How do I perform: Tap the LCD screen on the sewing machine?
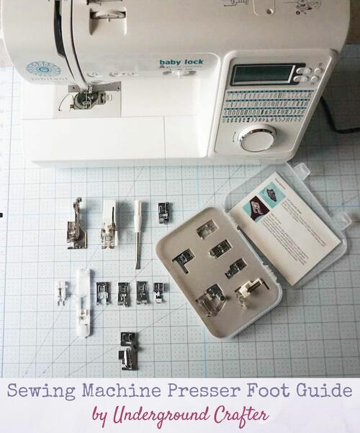263,74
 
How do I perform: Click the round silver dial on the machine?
258,138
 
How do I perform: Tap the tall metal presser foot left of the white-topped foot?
77,224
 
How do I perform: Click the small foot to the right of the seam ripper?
164,212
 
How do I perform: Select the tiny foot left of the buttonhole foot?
62,293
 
